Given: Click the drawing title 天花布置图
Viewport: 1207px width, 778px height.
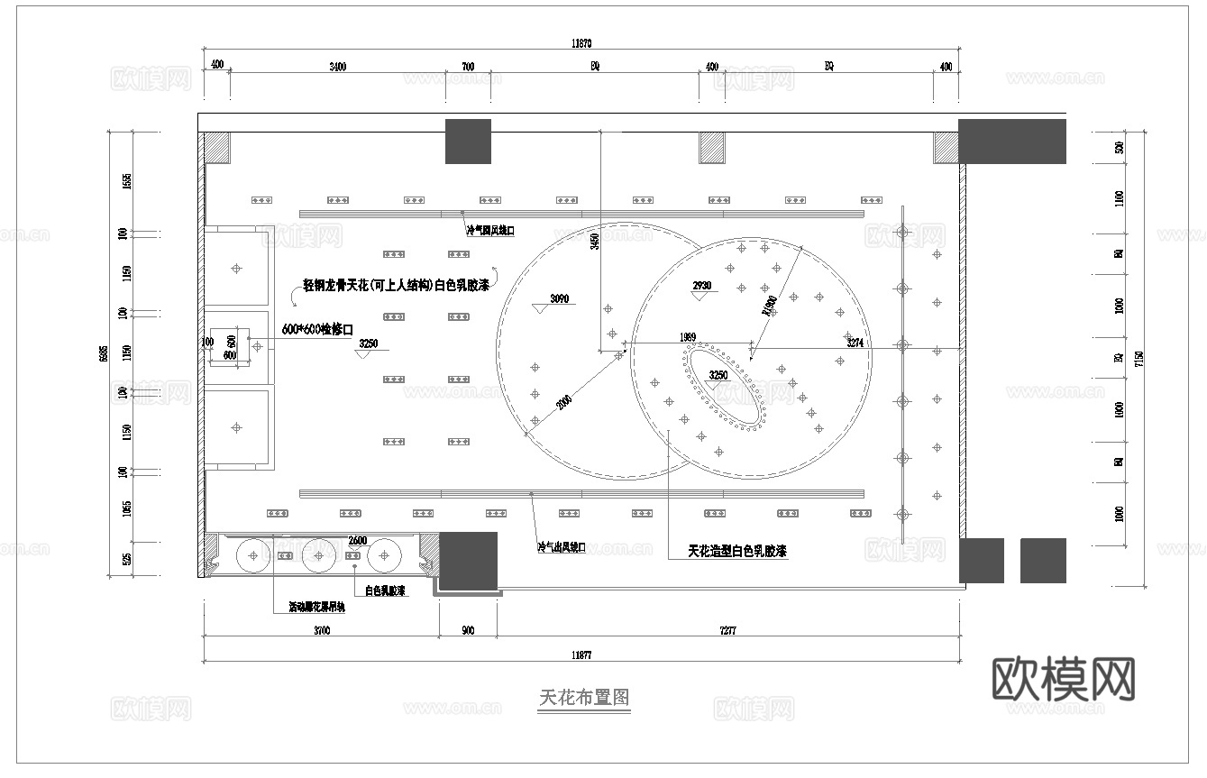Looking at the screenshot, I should pyautogui.click(x=583, y=698).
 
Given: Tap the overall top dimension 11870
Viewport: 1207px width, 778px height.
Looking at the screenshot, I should pyautogui.click(x=581, y=42).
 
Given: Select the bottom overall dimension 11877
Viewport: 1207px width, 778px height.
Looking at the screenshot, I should pyautogui.click(x=581, y=654).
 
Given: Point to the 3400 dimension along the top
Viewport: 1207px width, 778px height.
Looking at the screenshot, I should pyautogui.click(x=337, y=67).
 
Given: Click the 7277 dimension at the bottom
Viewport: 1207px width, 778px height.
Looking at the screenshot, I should pyautogui.click(x=727, y=631).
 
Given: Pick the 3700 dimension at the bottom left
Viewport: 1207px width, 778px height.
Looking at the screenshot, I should pyautogui.click(x=321, y=631).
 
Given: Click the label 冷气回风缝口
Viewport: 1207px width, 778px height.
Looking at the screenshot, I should pyautogui.click(x=489, y=231).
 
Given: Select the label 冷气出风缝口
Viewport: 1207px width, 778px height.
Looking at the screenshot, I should pyautogui.click(x=561, y=547).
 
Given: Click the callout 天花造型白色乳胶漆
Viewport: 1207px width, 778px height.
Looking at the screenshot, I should pyautogui.click(x=737, y=551).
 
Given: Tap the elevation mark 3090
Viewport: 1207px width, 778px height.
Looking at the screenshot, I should pyautogui.click(x=560, y=299).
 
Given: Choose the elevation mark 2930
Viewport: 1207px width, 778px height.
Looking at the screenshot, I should pyautogui.click(x=701, y=286).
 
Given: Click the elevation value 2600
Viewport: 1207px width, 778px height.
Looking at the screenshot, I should pyautogui.click(x=357, y=540).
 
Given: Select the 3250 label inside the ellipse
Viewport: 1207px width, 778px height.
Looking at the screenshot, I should pyautogui.click(x=718, y=374).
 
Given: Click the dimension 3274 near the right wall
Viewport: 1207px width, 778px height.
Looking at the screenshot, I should pyautogui.click(x=856, y=343).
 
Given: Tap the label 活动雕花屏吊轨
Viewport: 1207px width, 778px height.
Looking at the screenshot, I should pyautogui.click(x=315, y=608).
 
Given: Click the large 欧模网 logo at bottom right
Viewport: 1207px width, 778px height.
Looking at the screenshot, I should pyautogui.click(x=1064, y=678).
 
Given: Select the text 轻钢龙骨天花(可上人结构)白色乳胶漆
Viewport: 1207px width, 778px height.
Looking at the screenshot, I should pyautogui.click(x=396, y=286).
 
